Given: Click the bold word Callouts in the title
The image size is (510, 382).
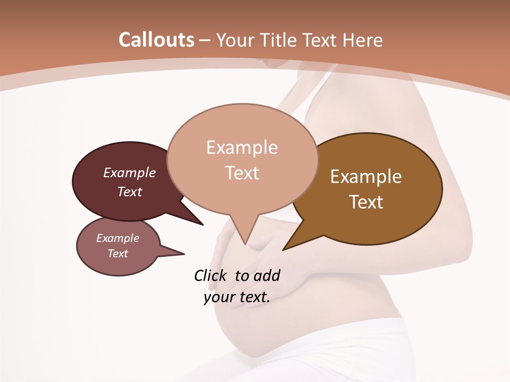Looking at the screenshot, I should (156, 40).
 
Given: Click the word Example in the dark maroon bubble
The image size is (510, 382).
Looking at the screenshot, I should (130, 172).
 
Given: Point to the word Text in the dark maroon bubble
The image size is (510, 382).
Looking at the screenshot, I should (130, 192).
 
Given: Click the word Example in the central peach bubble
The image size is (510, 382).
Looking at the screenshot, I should (242, 147).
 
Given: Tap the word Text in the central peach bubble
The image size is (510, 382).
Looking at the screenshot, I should (242, 173).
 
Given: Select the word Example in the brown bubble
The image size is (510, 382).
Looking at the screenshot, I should (366, 177).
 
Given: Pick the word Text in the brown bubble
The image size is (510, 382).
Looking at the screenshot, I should (366, 202).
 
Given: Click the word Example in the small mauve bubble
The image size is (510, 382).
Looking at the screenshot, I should (117, 238).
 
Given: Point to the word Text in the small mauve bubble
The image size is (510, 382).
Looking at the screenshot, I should (117, 254).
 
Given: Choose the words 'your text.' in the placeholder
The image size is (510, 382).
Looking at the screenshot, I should (237, 297).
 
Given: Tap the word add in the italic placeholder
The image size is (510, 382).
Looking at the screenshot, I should (267, 275).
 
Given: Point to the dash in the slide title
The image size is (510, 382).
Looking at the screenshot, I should (205, 40).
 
